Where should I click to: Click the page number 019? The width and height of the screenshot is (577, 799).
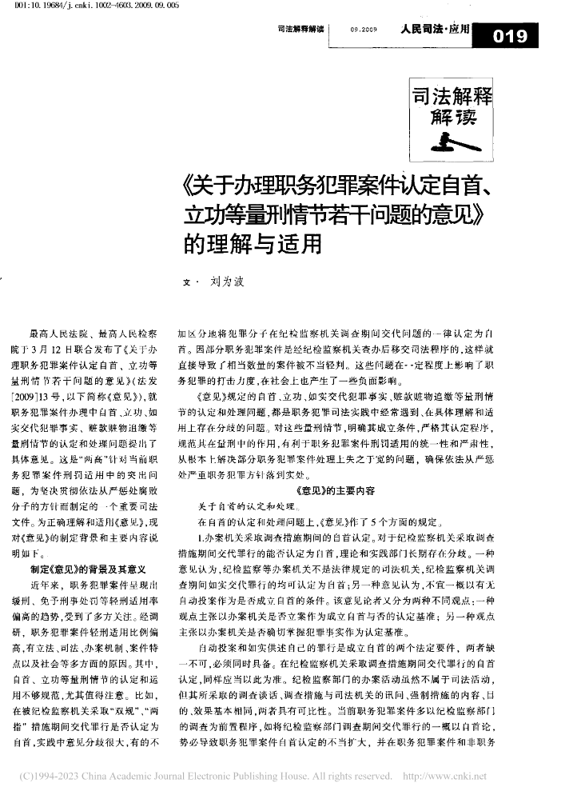pyautogui.click(x=511, y=35)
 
